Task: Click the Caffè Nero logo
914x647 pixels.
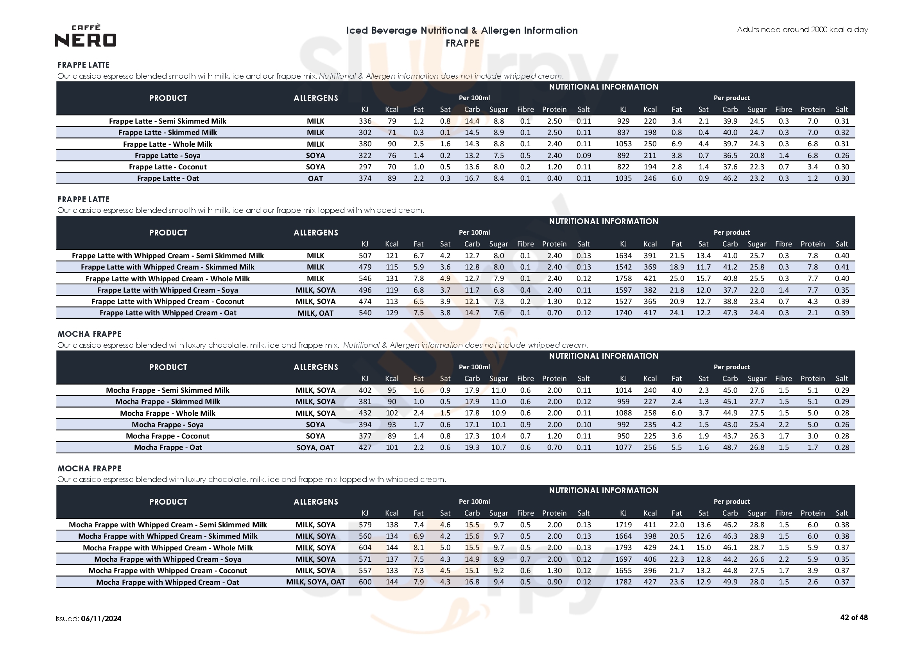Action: point(86,36)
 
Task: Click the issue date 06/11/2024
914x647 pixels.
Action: point(101,619)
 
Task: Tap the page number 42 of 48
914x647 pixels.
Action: point(853,618)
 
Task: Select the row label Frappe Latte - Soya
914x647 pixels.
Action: point(168,155)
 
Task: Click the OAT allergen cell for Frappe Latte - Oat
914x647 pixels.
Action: point(315,178)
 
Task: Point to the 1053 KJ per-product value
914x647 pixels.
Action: point(623,144)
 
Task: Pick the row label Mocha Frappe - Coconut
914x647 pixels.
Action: point(168,436)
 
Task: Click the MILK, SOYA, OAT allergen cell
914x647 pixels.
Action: point(315,582)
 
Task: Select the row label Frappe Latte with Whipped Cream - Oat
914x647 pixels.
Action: point(168,313)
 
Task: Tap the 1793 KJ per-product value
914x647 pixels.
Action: point(623,548)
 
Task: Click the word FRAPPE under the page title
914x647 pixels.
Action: point(462,43)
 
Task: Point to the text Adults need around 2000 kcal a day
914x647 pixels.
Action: point(802,29)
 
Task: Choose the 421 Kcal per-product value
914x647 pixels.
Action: point(650,279)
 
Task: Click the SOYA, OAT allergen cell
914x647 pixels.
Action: point(315,448)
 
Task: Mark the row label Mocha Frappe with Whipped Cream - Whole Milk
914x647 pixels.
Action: point(168,548)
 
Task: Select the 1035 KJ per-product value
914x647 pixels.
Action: point(623,178)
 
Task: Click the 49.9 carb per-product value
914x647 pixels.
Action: point(730,582)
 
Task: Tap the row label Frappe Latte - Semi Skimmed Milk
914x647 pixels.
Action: point(168,121)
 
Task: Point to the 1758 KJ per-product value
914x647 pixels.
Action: point(623,279)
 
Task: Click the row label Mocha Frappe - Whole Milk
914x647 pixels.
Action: point(168,413)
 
